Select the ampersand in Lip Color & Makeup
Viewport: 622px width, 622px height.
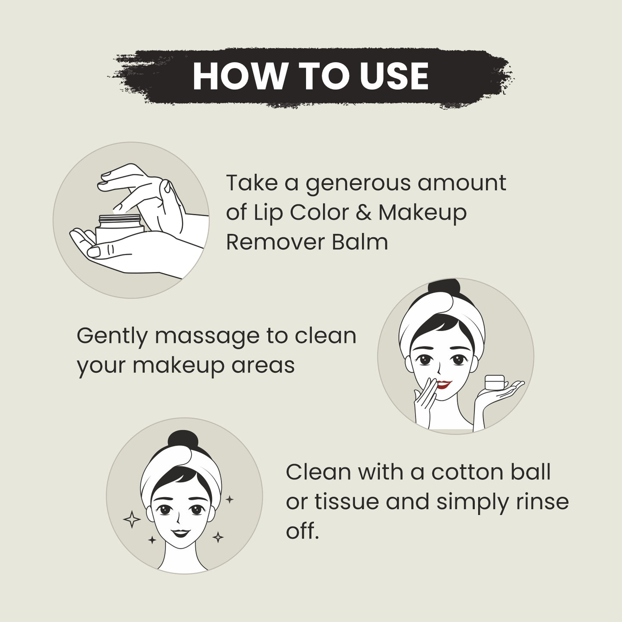[x=364, y=213]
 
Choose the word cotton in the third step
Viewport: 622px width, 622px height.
[x=464, y=472]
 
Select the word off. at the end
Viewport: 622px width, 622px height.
[x=303, y=530]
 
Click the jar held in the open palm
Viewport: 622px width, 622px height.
[x=120, y=229]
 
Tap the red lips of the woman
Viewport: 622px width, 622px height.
[x=443, y=384]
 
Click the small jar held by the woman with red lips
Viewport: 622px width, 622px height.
[x=495, y=383]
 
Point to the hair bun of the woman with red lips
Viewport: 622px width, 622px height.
[x=444, y=289]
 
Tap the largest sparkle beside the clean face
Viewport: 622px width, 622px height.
[x=132, y=520]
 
